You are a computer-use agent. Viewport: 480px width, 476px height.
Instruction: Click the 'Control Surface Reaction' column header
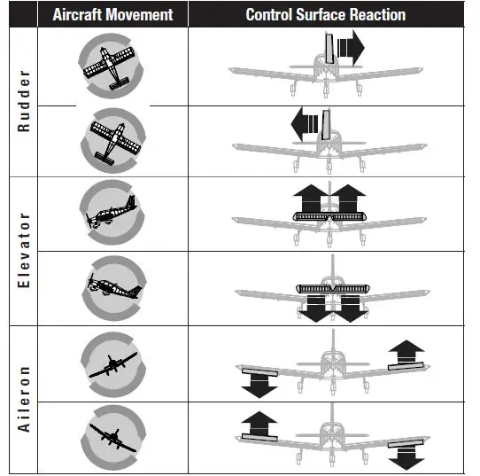(325, 15)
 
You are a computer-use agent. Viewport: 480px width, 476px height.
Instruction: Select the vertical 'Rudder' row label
(24, 100)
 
